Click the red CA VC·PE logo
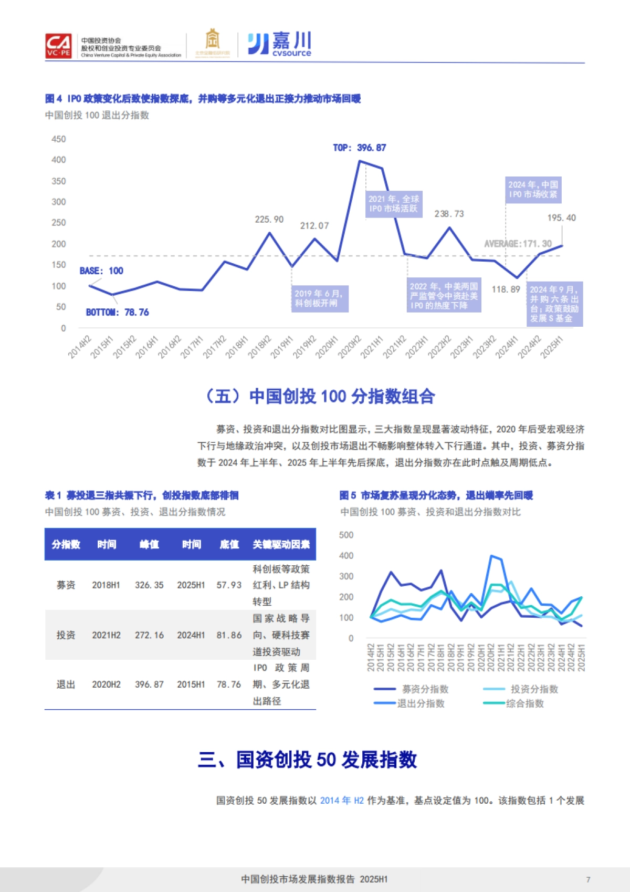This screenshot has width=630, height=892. click(58, 46)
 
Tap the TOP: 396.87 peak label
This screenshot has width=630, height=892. click(360, 148)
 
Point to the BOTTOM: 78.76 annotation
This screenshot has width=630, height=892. click(117, 313)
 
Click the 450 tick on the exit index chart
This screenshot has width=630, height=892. click(59, 139)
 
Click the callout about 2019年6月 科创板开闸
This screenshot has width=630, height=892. click(320, 298)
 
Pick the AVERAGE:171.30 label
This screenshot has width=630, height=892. click(518, 244)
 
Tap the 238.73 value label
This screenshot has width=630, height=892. click(449, 214)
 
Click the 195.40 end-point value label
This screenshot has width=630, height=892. click(561, 218)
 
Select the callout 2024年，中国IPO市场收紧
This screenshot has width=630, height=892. click(533, 190)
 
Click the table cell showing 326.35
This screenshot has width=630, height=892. click(149, 585)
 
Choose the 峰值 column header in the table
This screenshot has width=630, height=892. click(149, 545)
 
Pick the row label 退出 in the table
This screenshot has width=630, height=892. click(66, 684)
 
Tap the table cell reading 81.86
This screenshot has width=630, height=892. click(229, 635)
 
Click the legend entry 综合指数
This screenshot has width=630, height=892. click(524, 704)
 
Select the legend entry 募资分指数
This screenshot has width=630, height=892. click(425, 689)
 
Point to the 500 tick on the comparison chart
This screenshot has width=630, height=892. click(346, 535)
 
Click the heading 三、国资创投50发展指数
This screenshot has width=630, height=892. click(308, 760)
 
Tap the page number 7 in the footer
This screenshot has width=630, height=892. click(588, 879)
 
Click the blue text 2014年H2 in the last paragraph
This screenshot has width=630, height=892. click(342, 801)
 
